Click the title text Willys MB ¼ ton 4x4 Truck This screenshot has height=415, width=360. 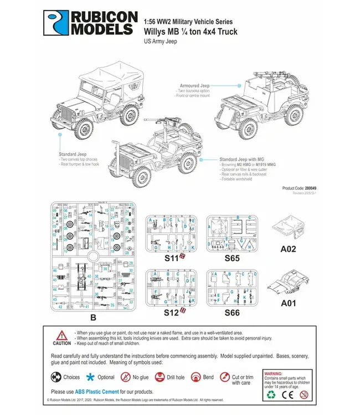tap(191, 32)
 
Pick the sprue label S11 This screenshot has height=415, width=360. tap(171, 258)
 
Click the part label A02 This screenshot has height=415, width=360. tap(288, 249)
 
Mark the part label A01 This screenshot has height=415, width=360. tap(288, 303)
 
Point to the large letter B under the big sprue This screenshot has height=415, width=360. tap(92, 318)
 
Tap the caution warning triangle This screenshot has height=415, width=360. tap(62, 335)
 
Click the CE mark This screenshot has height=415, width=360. tap(287, 396)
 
